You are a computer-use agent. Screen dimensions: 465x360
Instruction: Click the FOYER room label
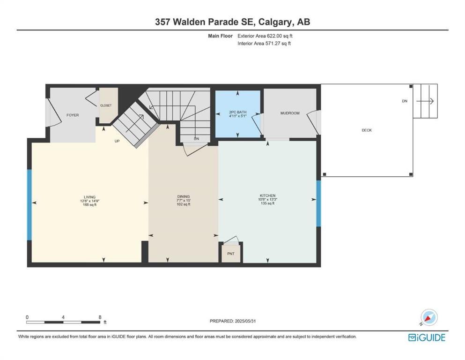click(73, 115)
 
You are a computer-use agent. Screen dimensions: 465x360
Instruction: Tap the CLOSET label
click(106, 105)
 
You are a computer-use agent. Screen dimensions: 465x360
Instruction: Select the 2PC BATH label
click(238, 112)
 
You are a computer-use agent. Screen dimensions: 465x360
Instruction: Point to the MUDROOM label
click(290, 113)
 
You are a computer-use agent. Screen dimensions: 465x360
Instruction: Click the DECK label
click(367, 130)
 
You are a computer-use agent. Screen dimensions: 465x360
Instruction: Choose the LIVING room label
click(89, 197)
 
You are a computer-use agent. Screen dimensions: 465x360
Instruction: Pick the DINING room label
click(184, 196)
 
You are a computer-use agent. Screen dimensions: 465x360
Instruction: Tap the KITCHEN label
click(268, 195)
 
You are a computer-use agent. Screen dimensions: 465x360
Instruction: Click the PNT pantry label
click(231, 254)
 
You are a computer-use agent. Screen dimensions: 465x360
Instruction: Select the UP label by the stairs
click(117, 141)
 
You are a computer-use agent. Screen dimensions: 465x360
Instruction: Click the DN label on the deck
click(405, 101)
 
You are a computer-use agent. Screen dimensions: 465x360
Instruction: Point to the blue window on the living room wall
click(30, 205)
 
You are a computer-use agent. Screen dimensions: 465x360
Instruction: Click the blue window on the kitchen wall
click(318, 203)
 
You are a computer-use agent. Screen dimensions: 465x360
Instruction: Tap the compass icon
click(429, 317)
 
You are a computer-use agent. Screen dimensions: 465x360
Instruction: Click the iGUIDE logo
click(427, 338)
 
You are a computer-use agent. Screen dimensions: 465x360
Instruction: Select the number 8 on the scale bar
click(100, 317)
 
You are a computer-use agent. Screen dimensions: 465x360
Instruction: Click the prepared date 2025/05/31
click(245, 321)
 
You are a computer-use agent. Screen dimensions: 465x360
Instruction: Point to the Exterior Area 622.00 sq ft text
click(265, 36)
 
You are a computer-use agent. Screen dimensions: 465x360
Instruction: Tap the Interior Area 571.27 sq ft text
click(264, 43)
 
